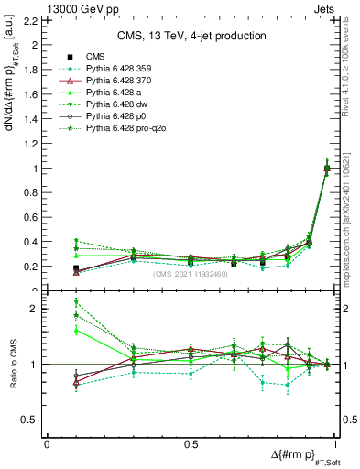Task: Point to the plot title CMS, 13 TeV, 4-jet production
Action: click(x=191, y=36)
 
